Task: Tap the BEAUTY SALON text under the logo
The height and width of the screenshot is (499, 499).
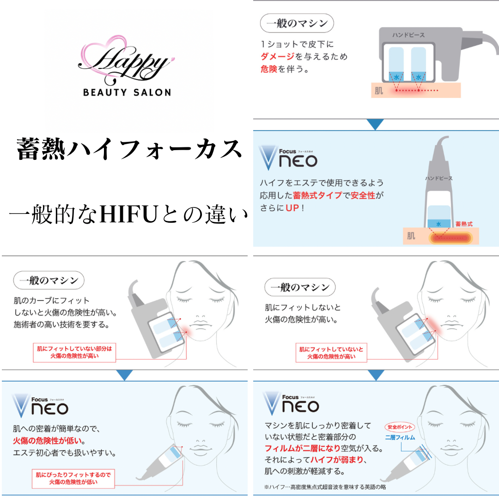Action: click(127, 92)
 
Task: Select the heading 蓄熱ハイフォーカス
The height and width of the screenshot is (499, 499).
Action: click(129, 149)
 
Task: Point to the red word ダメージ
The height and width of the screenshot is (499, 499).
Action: click(278, 56)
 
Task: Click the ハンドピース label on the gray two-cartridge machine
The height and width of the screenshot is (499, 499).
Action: click(409, 35)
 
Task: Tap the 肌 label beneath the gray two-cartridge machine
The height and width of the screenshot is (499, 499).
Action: click(379, 91)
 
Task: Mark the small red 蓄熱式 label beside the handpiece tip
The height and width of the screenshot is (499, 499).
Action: click(464, 224)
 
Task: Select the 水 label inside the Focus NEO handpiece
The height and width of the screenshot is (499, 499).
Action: click(438, 224)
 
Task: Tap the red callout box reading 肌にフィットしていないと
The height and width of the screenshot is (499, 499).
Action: click(331, 353)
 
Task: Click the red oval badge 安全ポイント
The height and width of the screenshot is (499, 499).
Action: click(400, 427)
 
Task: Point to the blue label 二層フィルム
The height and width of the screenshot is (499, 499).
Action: click(400, 437)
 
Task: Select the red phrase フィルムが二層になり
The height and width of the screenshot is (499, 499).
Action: click(302, 448)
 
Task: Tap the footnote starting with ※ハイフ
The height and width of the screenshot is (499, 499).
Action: click(325, 487)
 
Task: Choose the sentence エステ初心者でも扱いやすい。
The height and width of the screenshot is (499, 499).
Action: click(64, 452)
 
